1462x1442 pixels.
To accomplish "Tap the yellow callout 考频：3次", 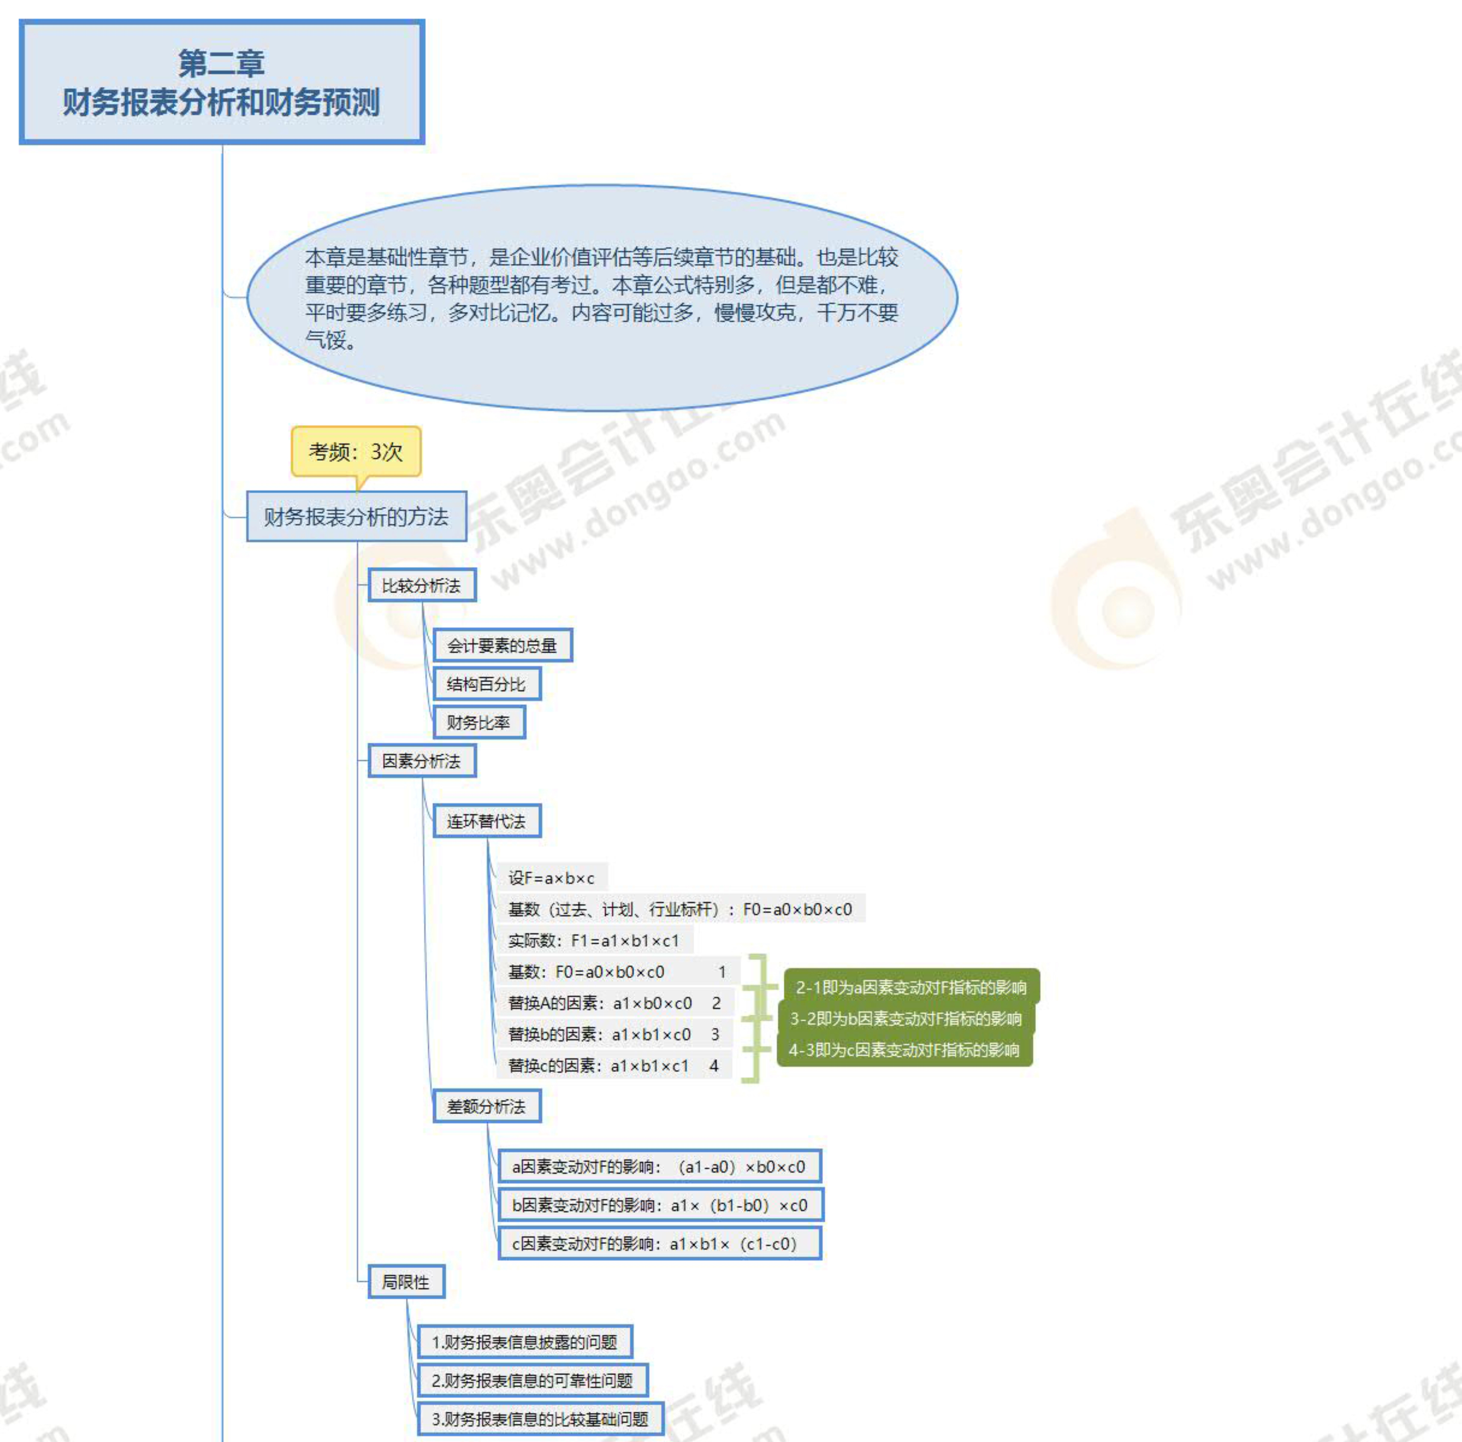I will click(x=356, y=452).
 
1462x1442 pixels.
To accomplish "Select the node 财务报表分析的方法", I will click(x=356, y=517).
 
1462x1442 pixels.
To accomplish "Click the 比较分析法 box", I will click(x=421, y=586).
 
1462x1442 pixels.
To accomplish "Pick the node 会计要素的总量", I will click(x=502, y=645).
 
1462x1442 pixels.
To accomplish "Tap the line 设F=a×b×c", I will click(x=552, y=878).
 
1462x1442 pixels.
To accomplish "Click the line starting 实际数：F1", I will click(x=594, y=940).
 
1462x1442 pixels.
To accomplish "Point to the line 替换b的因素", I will click(x=613, y=1034).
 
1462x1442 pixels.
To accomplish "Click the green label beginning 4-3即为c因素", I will click(x=904, y=1050).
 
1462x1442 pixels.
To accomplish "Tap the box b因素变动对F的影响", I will click(x=660, y=1205).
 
